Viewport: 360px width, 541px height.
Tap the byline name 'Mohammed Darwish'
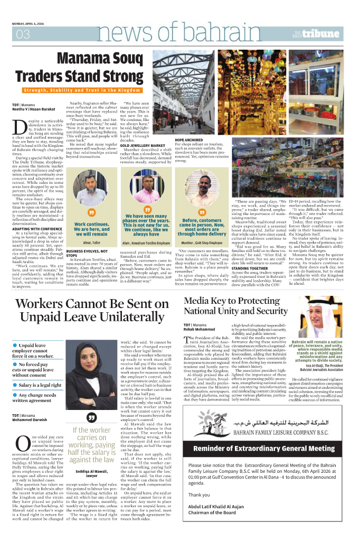(x=31, y=421)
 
